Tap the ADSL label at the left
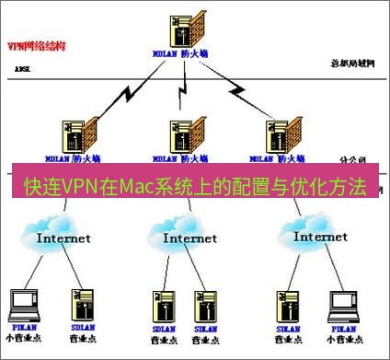point(22,69)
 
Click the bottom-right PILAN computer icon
point(341,304)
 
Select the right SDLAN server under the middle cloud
point(204,304)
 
